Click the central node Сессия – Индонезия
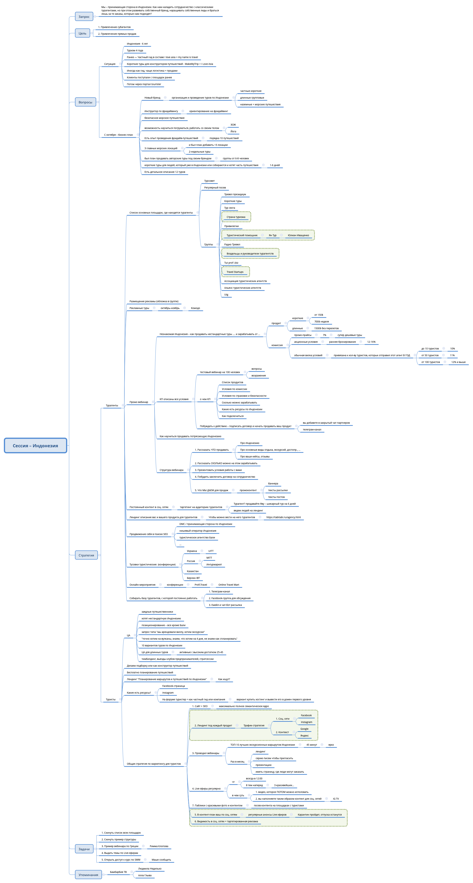tap(35, 445)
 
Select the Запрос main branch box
tap(84, 16)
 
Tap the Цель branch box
tap(82, 33)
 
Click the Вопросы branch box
tap(85, 102)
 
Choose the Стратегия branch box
tap(86, 555)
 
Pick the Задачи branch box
tap(84, 849)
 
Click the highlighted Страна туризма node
tap(236, 217)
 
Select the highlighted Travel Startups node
tap(235, 272)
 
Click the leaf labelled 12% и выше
tap(458, 362)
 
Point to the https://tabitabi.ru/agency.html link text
tap(283, 517)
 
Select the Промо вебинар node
tap(139, 402)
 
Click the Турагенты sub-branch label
tap(112, 406)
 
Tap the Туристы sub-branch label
tap(110, 699)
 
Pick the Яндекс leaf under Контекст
tap(304, 736)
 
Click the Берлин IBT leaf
tap(193, 578)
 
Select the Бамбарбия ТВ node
tap(118, 872)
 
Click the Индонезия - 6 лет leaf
tap(137, 44)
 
